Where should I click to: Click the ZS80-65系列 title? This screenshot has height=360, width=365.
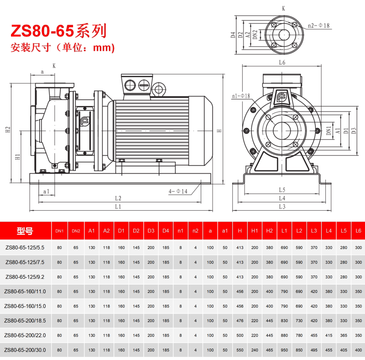59,31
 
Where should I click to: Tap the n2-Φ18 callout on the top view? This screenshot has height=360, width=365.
318,26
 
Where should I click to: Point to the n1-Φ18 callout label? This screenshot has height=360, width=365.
241,96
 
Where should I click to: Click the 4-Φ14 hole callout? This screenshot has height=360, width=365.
178,191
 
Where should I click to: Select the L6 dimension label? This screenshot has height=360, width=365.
282,62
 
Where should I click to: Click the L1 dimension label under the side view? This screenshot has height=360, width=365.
118,206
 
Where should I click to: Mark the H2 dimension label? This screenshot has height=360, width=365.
8,130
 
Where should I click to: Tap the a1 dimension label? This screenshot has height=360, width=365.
47,191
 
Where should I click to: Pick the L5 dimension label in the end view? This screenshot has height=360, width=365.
282,190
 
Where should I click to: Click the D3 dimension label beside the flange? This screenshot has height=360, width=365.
354,131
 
